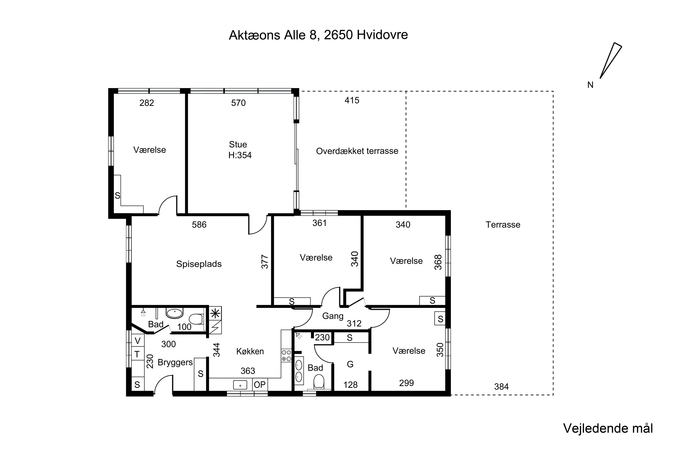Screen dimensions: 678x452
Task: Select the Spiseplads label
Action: pyautogui.click(x=199, y=264)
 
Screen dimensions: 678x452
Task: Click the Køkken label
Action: pyautogui.click(x=250, y=351)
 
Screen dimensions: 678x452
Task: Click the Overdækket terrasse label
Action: pyautogui.click(x=357, y=151)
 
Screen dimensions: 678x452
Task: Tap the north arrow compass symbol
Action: pyautogui.click(x=611, y=61)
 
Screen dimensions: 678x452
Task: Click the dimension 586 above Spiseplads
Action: pyautogui.click(x=199, y=225)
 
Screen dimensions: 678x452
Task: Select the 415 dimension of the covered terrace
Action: pyautogui.click(x=352, y=100)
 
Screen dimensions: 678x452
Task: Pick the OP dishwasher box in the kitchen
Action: pyautogui.click(x=260, y=385)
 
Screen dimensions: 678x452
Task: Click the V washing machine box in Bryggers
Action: pyautogui.click(x=138, y=341)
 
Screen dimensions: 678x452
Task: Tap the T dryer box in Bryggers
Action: pyautogui.click(x=137, y=354)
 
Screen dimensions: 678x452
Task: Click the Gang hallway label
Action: pyautogui.click(x=333, y=316)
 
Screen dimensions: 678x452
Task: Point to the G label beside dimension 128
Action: pyautogui.click(x=350, y=364)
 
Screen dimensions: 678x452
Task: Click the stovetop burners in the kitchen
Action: pyautogui.click(x=286, y=355)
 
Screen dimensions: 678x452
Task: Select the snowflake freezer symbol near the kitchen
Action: pyautogui.click(x=215, y=313)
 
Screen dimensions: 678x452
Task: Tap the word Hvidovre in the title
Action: pyautogui.click(x=382, y=35)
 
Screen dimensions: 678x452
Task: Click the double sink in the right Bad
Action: pyautogui.click(x=299, y=371)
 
